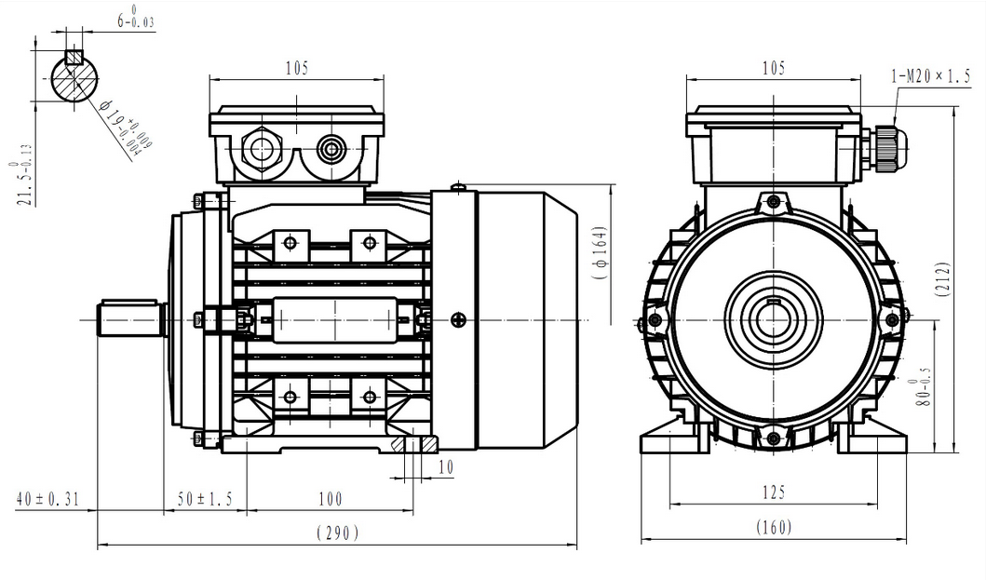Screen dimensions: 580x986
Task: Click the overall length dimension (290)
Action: click(337, 533)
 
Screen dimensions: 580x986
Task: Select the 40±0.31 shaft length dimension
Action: click(48, 500)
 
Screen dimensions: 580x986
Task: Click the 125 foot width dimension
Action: click(773, 492)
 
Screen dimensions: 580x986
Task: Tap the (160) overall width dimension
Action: click(773, 527)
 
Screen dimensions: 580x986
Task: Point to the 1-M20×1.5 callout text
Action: click(930, 76)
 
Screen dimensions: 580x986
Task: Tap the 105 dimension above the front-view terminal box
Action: click(773, 68)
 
